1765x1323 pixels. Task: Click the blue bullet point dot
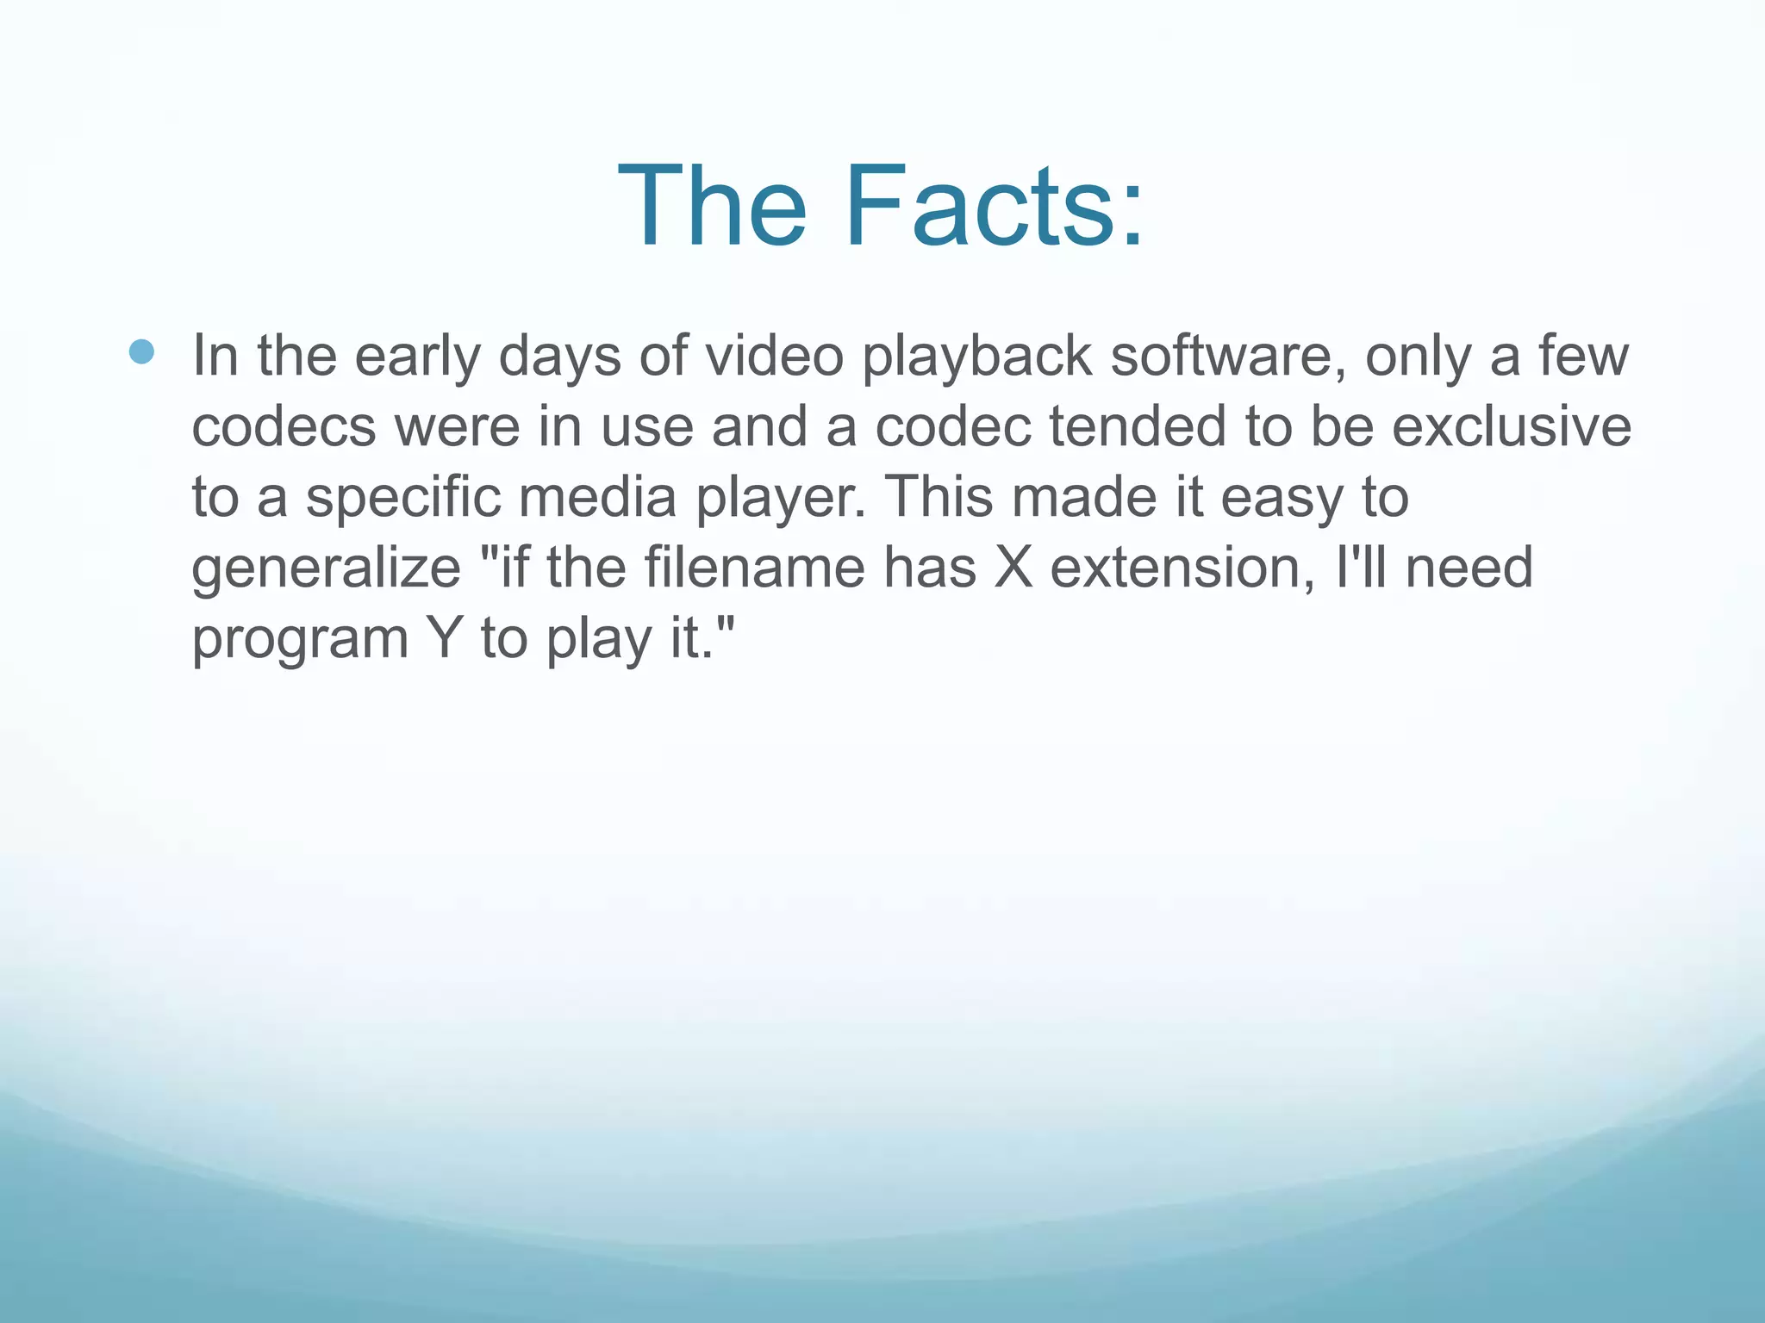(141, 351)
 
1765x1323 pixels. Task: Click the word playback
(976, 357)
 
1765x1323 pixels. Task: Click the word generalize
(326, 568)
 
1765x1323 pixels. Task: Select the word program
(299, 641)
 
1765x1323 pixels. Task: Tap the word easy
(1281, 500)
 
